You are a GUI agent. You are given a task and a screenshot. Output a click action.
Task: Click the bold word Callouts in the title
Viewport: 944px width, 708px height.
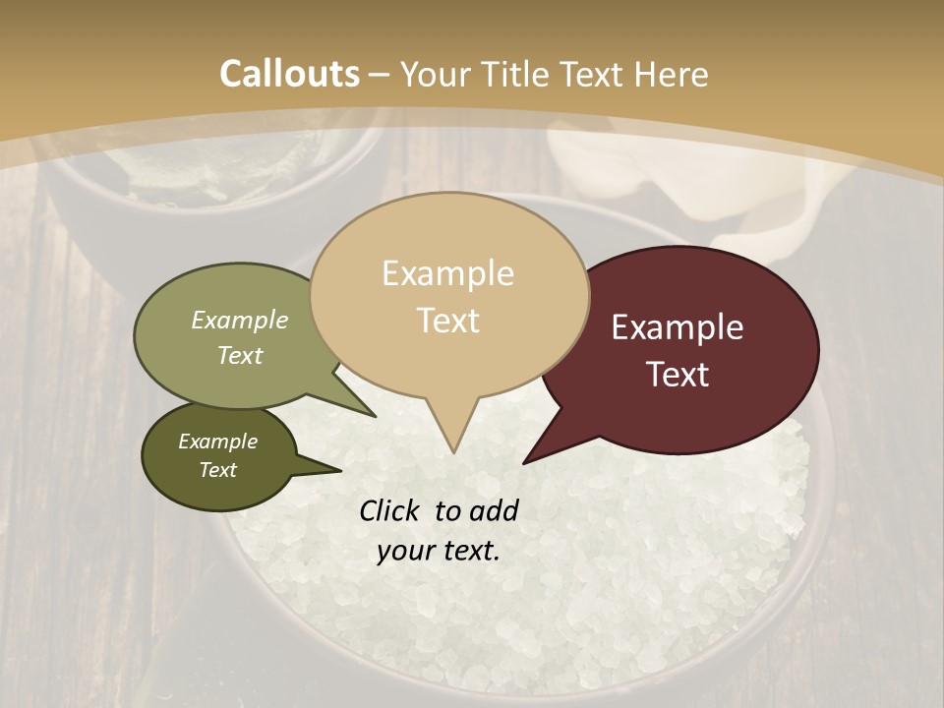tap(289, 74)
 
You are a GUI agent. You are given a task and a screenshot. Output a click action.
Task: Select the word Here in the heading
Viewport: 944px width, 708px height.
tap(672, 74)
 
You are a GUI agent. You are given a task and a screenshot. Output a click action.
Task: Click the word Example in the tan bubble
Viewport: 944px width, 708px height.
tap(447, 273)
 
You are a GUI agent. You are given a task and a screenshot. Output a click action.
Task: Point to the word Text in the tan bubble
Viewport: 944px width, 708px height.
tap(447, 321)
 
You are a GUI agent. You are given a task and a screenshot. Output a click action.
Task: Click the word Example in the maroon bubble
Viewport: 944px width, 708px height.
tap(678, 327)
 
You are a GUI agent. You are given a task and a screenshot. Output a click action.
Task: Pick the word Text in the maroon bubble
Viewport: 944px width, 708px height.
tap(678, 375)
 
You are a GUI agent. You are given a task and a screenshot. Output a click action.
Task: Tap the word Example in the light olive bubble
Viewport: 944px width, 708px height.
tap(239, 321)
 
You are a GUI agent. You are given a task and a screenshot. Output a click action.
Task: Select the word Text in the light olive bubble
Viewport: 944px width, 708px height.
tap(239, 355)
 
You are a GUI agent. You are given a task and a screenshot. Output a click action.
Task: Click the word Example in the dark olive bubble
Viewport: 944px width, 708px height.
tap(217, 442)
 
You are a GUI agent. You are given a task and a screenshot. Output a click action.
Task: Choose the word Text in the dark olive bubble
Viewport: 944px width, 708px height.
tap(217, 470)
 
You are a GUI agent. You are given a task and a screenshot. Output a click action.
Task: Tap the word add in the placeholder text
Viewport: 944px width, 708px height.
tap(494, 510)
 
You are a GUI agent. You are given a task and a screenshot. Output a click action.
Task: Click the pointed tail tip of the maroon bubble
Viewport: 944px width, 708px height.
tap(525, 461)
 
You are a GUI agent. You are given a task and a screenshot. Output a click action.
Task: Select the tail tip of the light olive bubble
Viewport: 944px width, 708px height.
tap(375, 416)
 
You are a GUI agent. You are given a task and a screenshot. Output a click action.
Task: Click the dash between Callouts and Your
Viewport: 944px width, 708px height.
tap(380, 74)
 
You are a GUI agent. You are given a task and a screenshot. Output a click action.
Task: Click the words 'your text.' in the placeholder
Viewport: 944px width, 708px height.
tap(438, 551)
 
